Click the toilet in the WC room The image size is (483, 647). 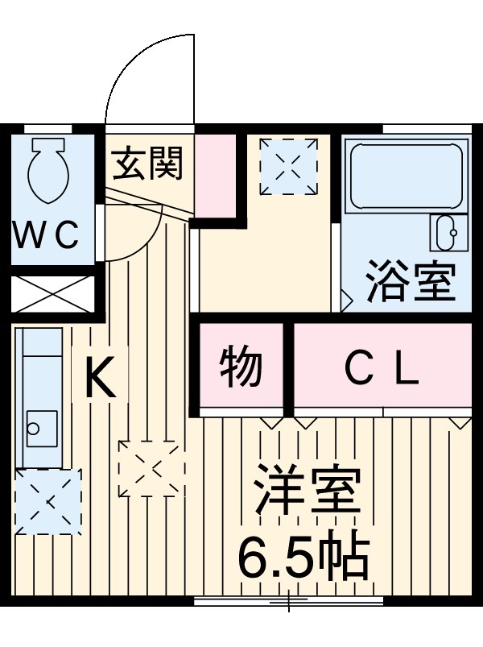coord(47,171)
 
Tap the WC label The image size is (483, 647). coord(47,236)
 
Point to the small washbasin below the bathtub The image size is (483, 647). coord(447,234)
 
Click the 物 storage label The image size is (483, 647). coord(242,367)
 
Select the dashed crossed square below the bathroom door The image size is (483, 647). coord(288,164)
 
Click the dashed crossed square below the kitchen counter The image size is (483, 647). coord(48,500)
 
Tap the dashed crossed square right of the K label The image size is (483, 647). coord(151,467)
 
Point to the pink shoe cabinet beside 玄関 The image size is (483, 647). coord(216,176)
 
